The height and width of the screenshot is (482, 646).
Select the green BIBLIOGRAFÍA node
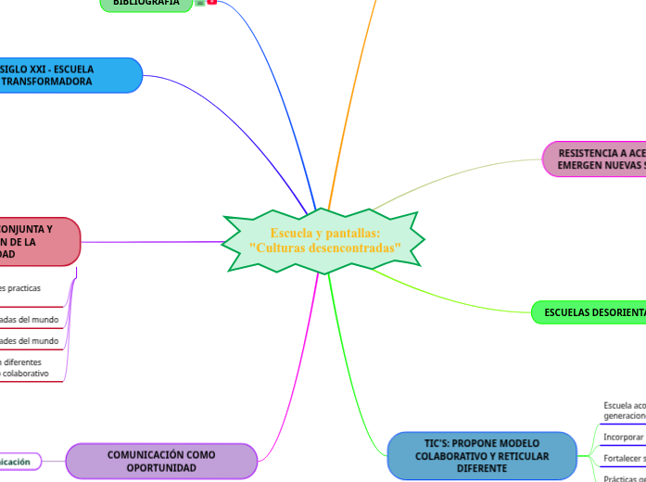point(146,4)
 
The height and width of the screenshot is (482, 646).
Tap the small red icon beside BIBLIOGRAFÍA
point(212,3)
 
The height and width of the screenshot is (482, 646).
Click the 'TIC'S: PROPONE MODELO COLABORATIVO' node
point(481,456)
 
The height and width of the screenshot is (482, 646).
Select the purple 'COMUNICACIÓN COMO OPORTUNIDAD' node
point(161,461)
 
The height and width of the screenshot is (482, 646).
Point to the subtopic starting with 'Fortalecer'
point(624,458)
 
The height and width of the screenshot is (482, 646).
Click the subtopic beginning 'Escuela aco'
point(624,411)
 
